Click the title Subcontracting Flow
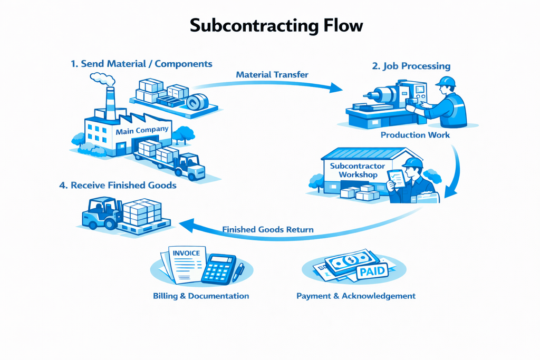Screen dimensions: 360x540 (269, 25)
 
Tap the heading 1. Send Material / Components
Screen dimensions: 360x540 (141, 64)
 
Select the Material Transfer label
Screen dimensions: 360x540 (272, 75)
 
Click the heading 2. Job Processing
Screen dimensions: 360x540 (411, 66)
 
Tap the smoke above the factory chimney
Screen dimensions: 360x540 (103, 79)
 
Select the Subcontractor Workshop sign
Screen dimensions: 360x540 (358, 170)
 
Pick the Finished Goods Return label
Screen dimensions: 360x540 (268, 230)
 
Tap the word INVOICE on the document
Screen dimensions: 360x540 (186, 253)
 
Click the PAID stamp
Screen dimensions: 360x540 (372, 272)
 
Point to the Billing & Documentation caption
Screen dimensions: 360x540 (201, 296)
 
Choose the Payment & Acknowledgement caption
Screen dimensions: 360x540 (356, 296)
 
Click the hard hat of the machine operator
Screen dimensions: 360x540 (446, 81)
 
